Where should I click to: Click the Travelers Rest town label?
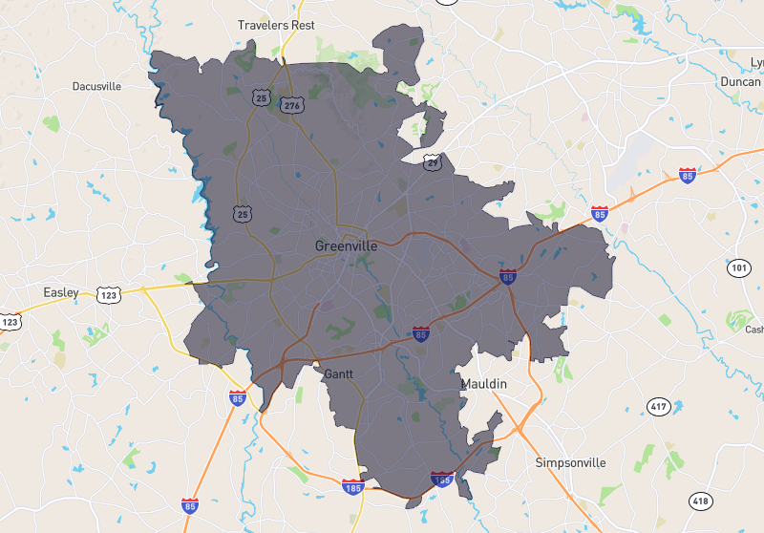[x=276, y=25]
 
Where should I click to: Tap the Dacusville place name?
[x=96, y=86]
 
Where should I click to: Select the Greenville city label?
[x=346, y=245]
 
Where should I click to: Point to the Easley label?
[x=61, y=291]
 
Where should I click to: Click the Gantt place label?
[x=339, y=373]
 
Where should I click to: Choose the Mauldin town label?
[x=484, y=384]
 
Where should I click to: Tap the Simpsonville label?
[x=570, y=462]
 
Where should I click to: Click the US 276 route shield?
[x=291, y=106]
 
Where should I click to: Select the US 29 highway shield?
[x=434, y=163]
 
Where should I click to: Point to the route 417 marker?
[x=658, y=408]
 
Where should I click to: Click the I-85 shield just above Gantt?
[x=421, y=333]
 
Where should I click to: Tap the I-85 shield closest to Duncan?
[x=688, y=175]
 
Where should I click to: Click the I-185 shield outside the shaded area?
[x=352, y=487]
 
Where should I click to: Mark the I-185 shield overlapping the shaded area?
[x=441, y=479]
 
